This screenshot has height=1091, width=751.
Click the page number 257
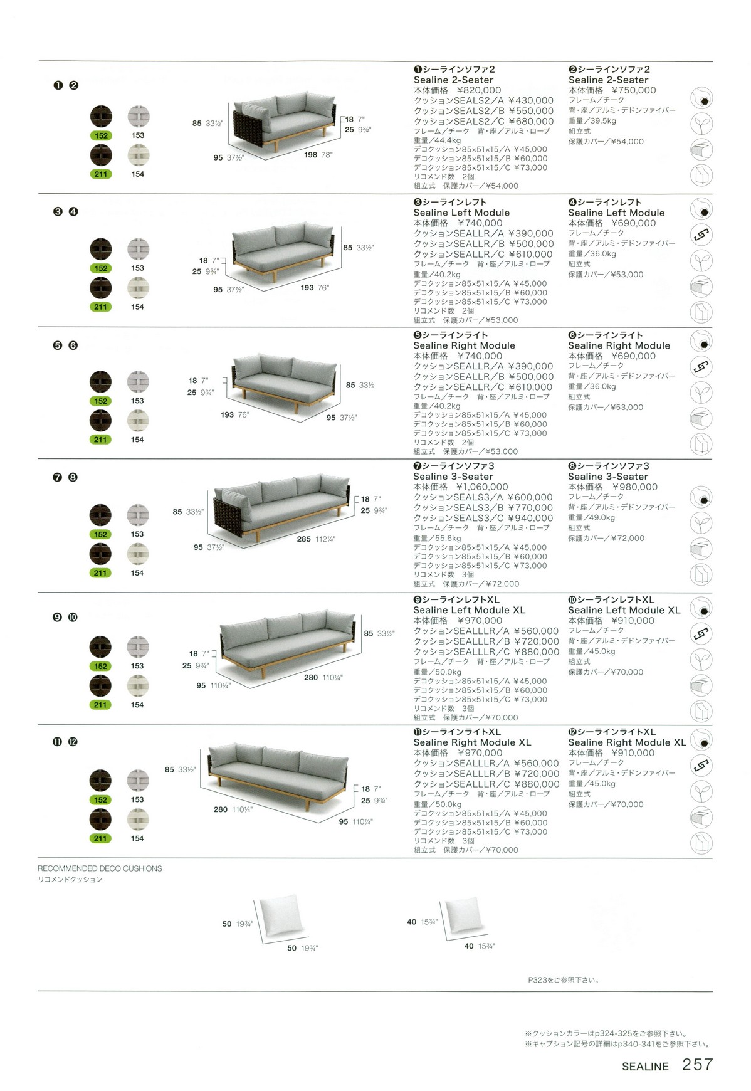coord(697,1064)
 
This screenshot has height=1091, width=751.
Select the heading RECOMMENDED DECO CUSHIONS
coord(100,868)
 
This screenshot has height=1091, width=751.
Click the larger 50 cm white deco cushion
coord(280,915)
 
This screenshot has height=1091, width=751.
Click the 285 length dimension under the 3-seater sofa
coord(304,539)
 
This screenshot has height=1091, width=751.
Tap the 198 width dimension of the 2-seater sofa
coord(311,155)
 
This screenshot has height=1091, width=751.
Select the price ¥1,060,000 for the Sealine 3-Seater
coord(482,487)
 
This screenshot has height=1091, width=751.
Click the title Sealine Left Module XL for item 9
coord(469,610)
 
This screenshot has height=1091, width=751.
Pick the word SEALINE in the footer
coord(645,1066)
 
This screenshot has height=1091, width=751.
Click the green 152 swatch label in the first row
coord(101,135)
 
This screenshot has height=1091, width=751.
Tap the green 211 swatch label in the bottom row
coord(100,838)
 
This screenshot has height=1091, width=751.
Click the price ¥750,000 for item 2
coord(634,90)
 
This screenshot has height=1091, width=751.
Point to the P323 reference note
coord(563,979)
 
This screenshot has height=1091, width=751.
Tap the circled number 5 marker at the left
coord(58,345)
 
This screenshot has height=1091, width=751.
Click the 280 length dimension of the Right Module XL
coord(221,809)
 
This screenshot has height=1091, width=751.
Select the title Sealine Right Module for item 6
coord(619,345)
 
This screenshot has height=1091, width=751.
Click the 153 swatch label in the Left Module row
coord(138,268)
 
